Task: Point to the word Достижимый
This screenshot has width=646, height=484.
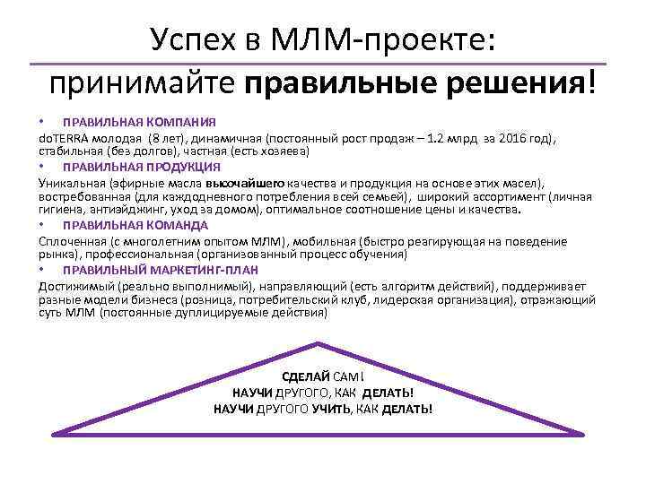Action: (x=72, y=285)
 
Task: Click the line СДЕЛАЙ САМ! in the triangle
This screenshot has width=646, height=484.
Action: (x=323, y=376)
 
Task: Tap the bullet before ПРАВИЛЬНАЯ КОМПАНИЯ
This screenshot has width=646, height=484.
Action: (x=41, y=122)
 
